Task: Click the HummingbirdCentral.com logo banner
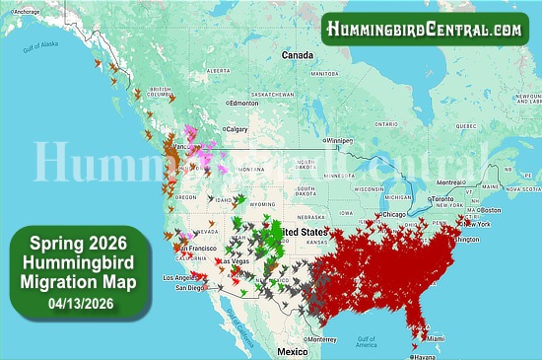coord(425,30)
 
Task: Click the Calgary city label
coord(237,128)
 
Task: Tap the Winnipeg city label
coord(339,140)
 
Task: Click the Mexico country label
coord(293,351)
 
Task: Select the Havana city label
coord(425,356)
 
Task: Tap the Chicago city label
coord(395,213)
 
